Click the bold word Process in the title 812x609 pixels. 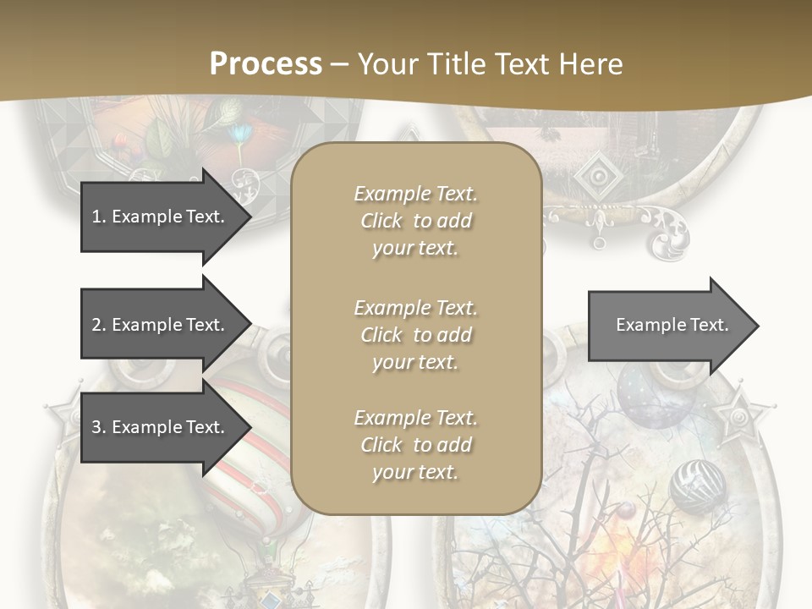pyautogui.click(x=266, y=64)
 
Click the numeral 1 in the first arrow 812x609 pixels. pyautogui.click(x=96, y=217)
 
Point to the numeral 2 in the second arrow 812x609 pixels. pyautogui.click(x=96, y=325)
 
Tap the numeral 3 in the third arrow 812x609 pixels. pyautogui.click(x=96, y=427)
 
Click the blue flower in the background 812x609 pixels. pyautogui.click(x=244, y=133)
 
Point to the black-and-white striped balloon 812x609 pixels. pyautogui.click(x=697, y=486)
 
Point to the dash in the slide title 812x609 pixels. pyautogui.click(x=339, y=64)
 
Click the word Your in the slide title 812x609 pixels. pyautogui.click(x=388, y=64)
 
